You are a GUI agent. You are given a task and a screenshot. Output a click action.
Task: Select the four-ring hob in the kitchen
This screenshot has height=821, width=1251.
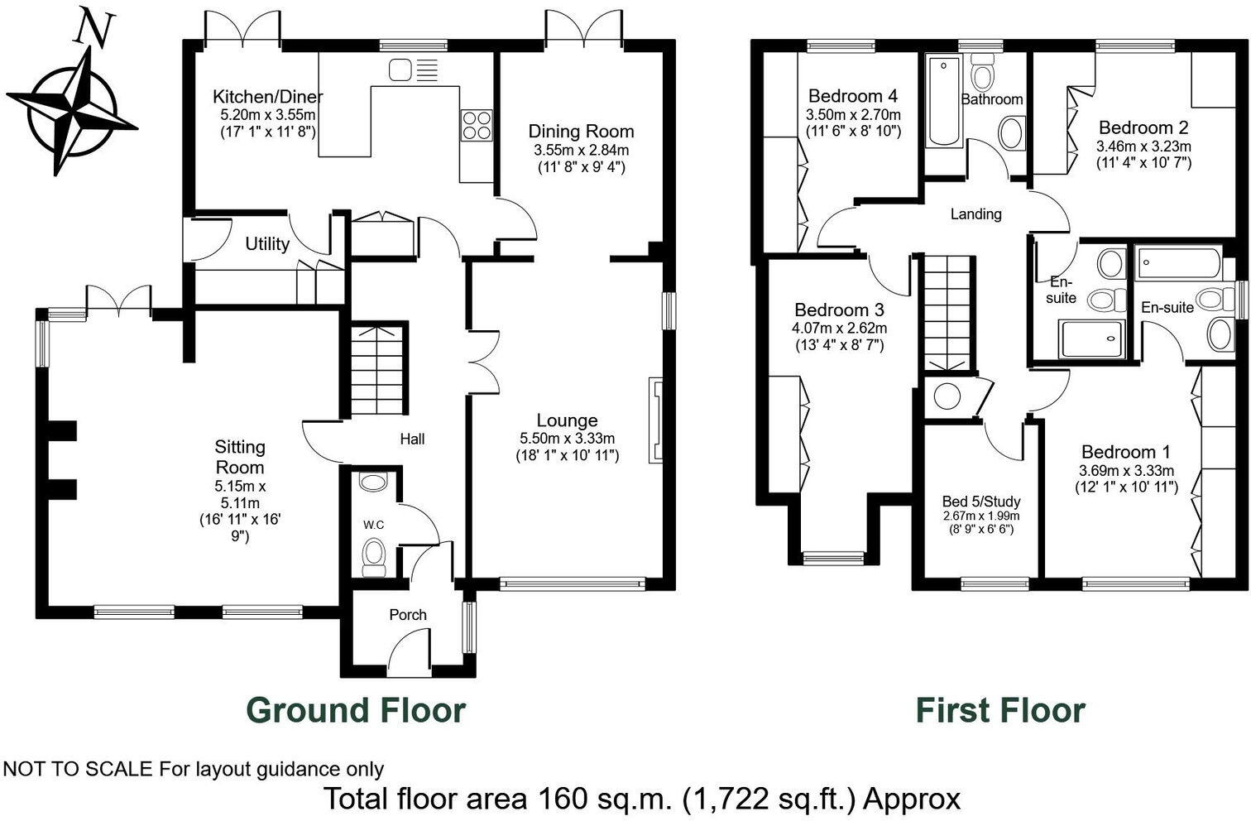click(477, 126)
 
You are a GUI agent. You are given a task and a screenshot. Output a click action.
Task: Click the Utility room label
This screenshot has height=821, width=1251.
click(267, 244)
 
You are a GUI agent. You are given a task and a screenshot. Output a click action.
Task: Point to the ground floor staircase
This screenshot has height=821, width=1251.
click(376, 370)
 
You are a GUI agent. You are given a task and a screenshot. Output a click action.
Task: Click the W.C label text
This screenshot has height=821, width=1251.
click(373, 525)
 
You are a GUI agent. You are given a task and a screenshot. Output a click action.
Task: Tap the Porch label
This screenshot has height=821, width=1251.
click(408, 615)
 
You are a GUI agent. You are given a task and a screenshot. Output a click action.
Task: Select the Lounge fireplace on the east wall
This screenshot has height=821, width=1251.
click(656, 420)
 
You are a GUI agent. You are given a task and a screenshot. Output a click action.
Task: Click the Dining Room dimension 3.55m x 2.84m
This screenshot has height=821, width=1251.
click(581, 151)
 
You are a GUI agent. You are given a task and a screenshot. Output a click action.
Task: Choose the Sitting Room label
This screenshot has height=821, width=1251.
click(240, 457)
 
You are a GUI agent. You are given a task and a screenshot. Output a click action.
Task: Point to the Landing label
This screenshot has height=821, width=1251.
click(975, 214)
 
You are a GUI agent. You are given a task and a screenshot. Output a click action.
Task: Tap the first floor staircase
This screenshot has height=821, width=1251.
click(947, 312)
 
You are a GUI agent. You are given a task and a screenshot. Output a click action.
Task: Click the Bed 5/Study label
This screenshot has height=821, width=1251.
click(981, 502)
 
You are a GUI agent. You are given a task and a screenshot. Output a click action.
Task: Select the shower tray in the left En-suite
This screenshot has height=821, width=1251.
click(1091, 338)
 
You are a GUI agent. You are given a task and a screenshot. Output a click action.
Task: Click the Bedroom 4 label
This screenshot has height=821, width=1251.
click(853, 96)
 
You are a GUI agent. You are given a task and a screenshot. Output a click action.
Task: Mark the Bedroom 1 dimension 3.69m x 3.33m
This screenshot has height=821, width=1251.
click(1126, 471)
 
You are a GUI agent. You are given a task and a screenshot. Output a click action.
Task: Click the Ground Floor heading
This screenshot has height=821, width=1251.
click(356, 710)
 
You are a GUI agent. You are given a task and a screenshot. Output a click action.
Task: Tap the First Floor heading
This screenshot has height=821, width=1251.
click(999, 710)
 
